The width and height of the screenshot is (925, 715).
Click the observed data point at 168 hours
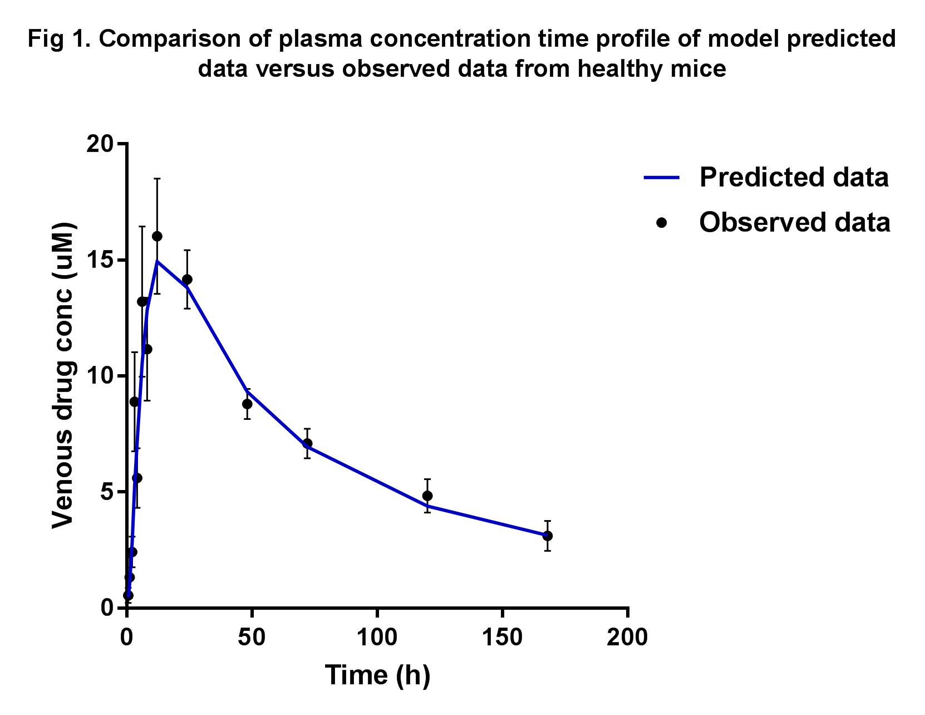[x=548, y=536]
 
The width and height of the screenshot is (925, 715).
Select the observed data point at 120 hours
[x=427, y=496]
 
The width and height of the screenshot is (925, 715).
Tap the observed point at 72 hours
[x=307, y=443]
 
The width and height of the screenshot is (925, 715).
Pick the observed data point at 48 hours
[x=247, y=404]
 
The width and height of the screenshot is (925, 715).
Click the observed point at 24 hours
[x=187, y=279]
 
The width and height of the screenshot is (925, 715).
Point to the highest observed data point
[x=157, y=236]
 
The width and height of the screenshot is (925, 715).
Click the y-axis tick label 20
[x=100, y=144]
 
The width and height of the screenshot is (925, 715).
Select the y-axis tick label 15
[x=100, y=260]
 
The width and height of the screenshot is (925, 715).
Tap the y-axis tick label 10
[x=100, y=376]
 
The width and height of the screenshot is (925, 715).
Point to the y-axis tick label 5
[x=107, y=492]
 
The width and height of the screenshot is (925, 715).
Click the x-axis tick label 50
[x=252, y=637]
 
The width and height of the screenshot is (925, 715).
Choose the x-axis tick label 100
[x=377, y=637]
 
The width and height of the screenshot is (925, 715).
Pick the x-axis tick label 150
[x=502, y=637]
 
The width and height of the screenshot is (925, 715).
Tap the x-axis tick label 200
[x=627, y=637]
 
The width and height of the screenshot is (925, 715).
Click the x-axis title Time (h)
[x=377, y=675]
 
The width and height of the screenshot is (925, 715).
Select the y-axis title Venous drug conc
[x=63, y=376]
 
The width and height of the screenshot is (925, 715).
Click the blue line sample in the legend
[x=662, y=178]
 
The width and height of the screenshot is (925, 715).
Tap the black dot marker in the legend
[x=662, y=222]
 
